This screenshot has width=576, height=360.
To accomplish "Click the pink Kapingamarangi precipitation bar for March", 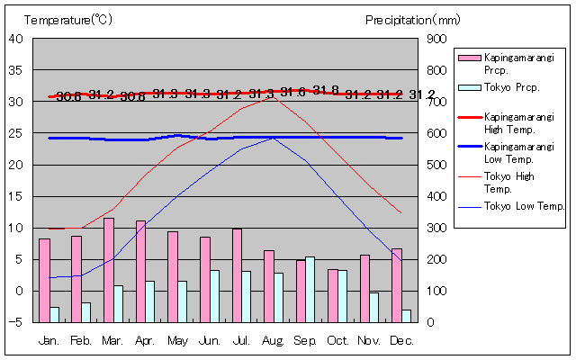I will pos(109,270).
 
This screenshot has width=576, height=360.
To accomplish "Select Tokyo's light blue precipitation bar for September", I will pos(310,289).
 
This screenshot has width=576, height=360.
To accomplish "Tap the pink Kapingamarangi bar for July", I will pos(237,274).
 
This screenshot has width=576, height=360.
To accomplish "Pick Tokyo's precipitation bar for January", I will pos(54,314).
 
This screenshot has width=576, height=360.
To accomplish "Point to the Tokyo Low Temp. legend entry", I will pos(508,206).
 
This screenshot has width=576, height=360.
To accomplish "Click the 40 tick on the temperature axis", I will pos(17,39).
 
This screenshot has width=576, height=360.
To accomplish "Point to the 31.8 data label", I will pos(326,89).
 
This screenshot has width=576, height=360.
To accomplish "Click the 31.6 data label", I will pos(293,92).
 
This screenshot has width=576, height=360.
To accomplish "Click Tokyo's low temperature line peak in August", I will pos(274,138).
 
